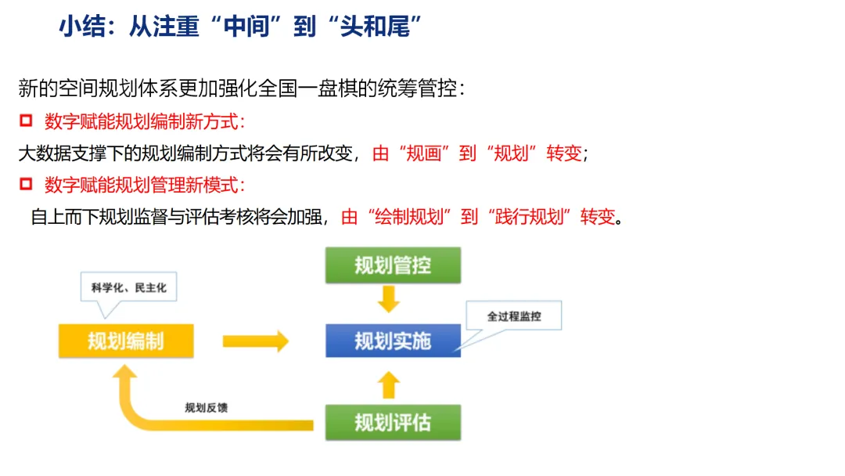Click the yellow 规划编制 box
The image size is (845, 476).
point(125,341)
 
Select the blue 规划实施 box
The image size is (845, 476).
point(393,341)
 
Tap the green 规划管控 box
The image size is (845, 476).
point(393,265)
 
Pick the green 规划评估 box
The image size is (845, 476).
point(393,423)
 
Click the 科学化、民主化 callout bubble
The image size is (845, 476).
point(129,287)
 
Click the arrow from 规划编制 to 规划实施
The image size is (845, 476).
point(255,341)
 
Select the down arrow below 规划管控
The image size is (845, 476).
point(389,298)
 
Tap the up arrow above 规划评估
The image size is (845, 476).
point(389,384)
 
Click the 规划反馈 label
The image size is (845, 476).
point(206,408)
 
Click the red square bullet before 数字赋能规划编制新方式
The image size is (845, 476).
point(27,121)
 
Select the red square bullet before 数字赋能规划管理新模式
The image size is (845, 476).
point(27,185)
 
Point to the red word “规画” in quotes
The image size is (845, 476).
point(419,153)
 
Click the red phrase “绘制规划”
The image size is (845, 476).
point(410,217)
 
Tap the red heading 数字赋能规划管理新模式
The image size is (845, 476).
point(145,186)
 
